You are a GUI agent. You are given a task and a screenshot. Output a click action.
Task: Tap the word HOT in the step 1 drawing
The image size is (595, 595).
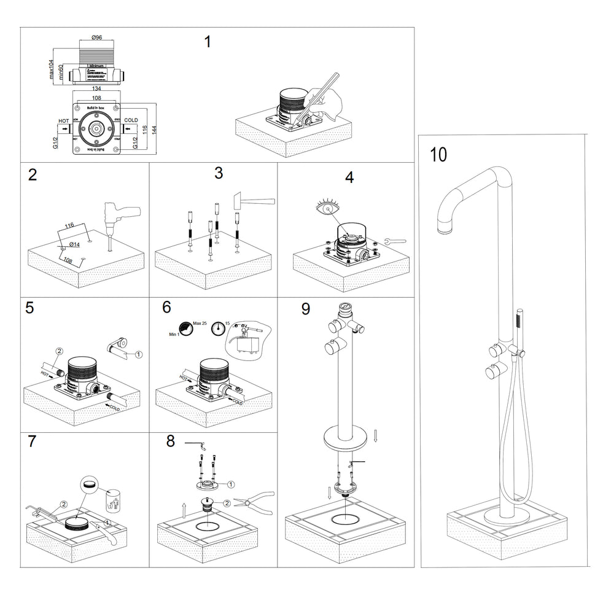(x=63, y=122)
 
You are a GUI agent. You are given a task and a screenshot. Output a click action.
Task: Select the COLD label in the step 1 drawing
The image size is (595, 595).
(x=131, y=121)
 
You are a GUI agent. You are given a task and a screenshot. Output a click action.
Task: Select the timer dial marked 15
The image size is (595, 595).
(x=216, y=330)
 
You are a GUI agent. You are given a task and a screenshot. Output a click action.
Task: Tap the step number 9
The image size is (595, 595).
(x=305, y=309)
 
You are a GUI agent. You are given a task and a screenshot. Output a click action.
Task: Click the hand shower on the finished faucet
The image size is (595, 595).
(x=519, y=320)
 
